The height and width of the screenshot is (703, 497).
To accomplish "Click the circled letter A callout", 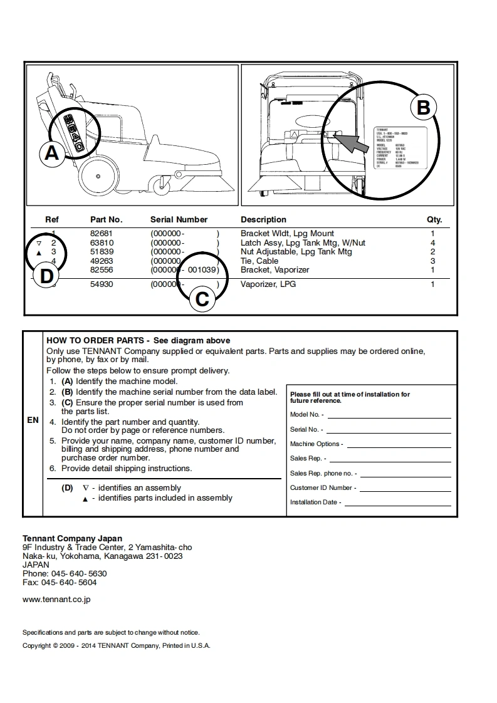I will tap(52, 153).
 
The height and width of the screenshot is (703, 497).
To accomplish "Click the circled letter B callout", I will tap(423, 107).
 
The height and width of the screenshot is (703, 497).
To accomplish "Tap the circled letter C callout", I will tap(202, 299).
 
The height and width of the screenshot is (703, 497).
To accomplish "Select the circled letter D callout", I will tap(46, 276).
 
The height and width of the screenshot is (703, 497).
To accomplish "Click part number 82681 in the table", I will tap(102, 234).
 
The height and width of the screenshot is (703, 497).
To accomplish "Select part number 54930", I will tap(102, 284).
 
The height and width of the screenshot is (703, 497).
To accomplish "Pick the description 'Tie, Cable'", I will tap(259, 261).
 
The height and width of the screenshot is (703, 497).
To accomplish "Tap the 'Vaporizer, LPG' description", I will tap(268, 284).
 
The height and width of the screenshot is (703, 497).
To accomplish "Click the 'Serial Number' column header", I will tap(179, 220).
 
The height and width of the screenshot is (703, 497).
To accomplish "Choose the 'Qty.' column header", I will tap(434, 220).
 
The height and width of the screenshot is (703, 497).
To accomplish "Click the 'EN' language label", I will tap(33, 420).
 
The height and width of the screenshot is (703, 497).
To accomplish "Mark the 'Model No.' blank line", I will tap(389, 415).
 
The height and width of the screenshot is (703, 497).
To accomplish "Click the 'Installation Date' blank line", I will tap(398, 503).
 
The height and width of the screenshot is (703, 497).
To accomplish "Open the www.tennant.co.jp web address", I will tap(56, 600).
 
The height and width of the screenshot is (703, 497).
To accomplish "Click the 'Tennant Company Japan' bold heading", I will tap(73, 538).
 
